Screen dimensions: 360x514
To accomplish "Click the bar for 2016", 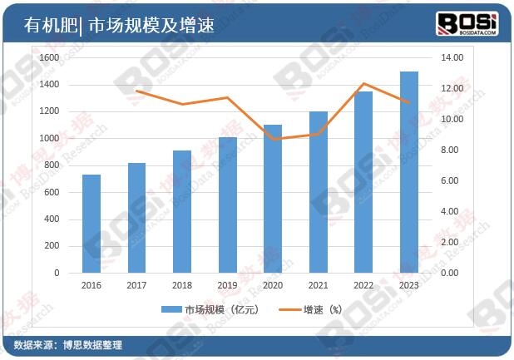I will point(91,224).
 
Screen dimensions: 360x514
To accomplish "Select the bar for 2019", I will point(227,205).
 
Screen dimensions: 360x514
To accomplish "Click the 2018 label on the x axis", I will point(182,284).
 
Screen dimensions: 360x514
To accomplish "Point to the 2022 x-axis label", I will point(363,284).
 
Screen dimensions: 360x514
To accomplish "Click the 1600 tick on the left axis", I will point(49,57).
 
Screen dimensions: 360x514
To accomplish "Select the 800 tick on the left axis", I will point(52,165).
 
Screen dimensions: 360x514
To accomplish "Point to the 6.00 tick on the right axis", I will point(449,180).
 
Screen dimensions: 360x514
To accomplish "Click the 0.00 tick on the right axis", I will point(449,273).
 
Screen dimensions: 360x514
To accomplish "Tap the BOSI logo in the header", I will point(467,22).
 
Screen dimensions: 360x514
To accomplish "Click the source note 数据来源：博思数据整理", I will point(68,345).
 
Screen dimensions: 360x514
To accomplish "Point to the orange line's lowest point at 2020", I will point(273,139).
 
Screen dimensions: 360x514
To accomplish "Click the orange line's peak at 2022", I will point(363,84).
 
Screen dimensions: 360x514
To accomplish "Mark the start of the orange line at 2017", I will point(136,91).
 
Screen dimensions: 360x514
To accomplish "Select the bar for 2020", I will point(273,199).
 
